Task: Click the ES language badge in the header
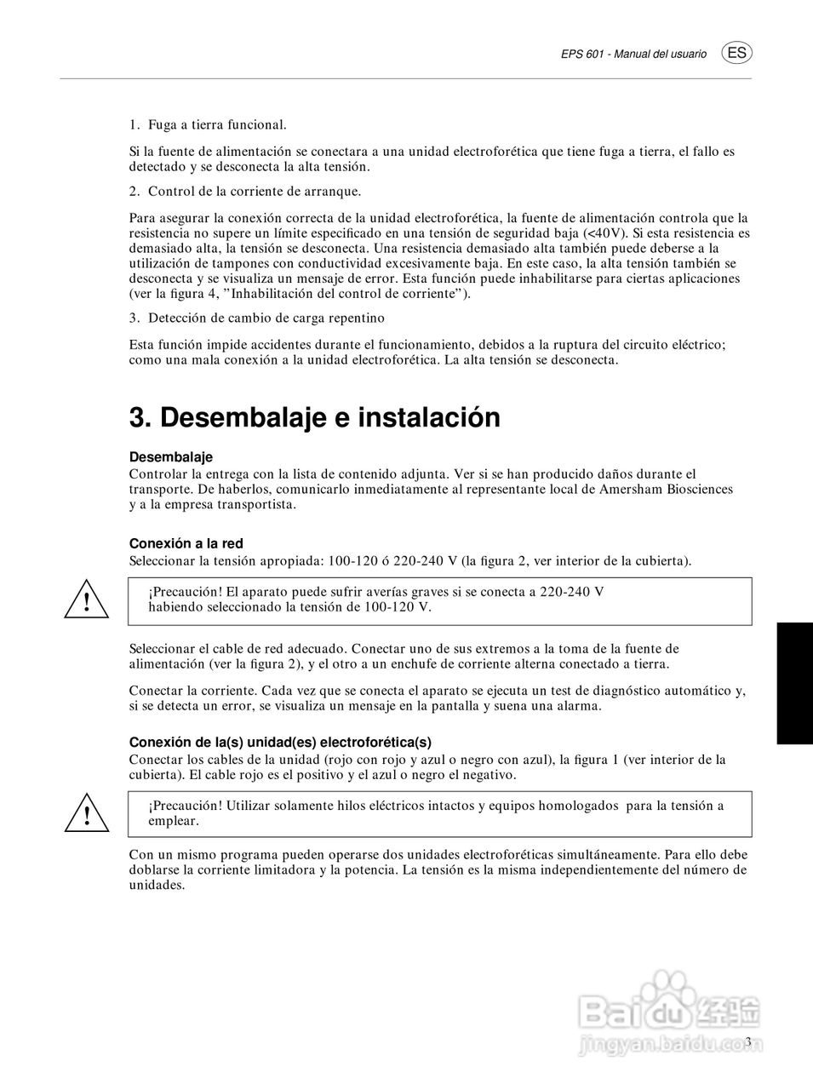[x=737, y=53]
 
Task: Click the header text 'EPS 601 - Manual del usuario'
[x=633, y=54]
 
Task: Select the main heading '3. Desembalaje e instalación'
[x=314, y=418]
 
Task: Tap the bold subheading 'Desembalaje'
[x=170, y=457]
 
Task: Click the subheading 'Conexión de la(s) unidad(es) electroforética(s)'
[x=280, y=742]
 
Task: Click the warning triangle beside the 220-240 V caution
[x=86, y=602]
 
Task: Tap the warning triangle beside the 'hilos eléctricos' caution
[x=86, y=815]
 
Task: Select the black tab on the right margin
[x=794, y=683]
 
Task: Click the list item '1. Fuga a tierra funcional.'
[x=208, y=124]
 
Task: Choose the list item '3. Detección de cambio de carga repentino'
[x=256, y=318]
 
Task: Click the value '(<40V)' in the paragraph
[x=605, y=232]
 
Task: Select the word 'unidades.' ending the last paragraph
[x=157, y=885]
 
